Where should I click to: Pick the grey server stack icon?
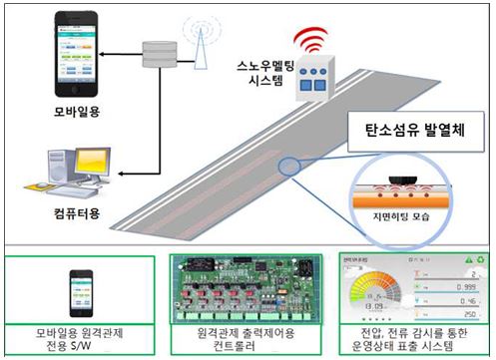(x=158, y=56)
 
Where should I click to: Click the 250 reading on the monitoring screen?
(x=458, y=314)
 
